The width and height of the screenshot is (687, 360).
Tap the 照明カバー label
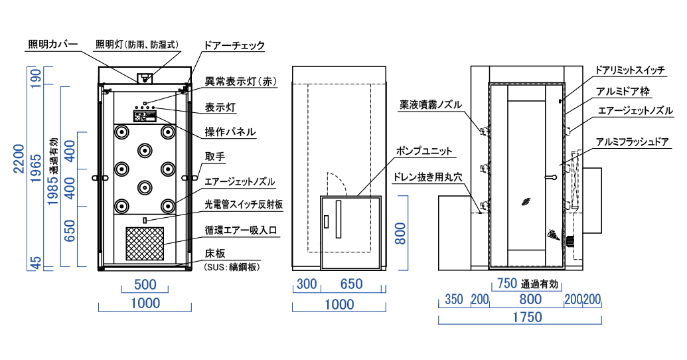53,45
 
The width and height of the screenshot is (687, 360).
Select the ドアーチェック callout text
236,45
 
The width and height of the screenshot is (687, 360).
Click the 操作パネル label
230,132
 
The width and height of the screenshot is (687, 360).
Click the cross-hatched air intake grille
145,243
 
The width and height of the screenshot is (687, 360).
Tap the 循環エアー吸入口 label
240,230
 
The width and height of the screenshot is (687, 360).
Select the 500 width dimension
145,285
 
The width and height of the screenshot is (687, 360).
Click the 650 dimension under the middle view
351,284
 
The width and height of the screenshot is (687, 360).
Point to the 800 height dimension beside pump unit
401,234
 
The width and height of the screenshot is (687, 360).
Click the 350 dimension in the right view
454,299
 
